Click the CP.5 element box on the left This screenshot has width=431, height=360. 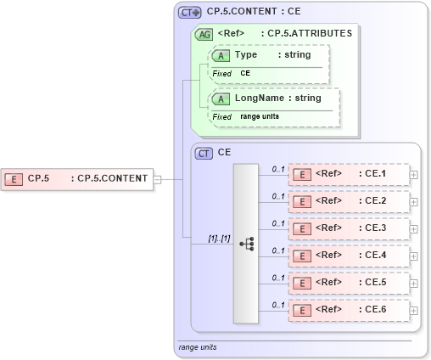[76, 178]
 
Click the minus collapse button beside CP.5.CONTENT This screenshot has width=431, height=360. [158, 178]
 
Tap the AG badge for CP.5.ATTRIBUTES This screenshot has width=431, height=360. [204, 35]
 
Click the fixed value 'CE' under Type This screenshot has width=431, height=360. [245, 74]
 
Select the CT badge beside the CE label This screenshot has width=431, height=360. [204, 154]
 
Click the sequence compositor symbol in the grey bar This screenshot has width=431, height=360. [247, 244]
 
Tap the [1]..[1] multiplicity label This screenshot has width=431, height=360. [219, 238]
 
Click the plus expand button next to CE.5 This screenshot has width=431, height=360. [413, 283]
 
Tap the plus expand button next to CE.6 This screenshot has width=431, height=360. [413, 310]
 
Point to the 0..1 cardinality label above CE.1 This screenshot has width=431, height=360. [277, 169]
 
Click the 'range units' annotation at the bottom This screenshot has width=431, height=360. [196, 347]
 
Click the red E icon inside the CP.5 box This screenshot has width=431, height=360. [14, 178]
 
